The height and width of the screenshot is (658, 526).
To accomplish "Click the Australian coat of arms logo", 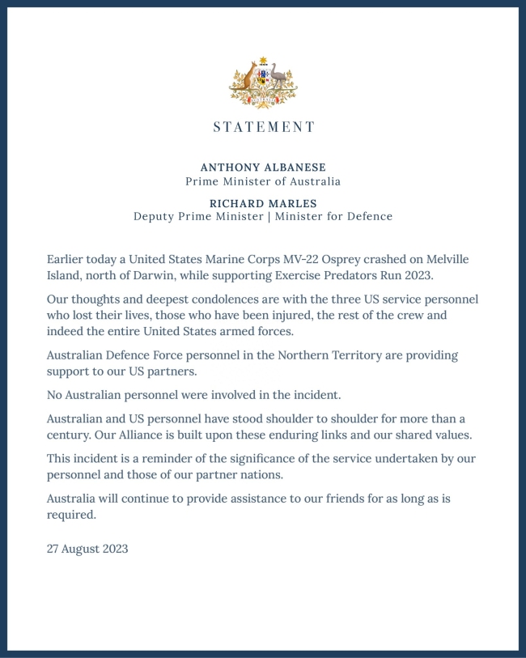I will (x=263, y=83).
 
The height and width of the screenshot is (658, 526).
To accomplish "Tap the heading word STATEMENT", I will (x=263, y=127).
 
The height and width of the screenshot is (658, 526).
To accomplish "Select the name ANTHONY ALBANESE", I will (x=263, y=168).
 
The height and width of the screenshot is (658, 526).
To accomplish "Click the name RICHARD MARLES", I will (x=263, y=202).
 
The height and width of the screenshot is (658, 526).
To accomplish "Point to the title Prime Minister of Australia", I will (x=263, y=182).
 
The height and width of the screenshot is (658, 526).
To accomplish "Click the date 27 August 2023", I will (x=87, y=548).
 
